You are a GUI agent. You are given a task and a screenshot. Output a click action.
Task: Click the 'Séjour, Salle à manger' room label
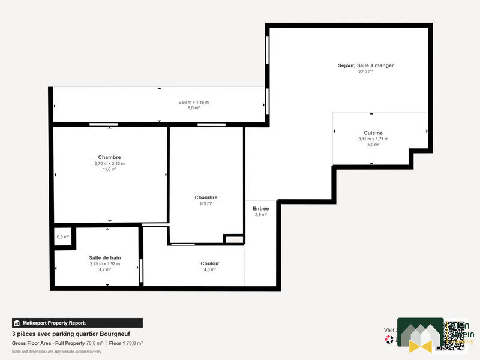(x=365, y=65)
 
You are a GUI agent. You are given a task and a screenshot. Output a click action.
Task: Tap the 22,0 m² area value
(x=365, y=71)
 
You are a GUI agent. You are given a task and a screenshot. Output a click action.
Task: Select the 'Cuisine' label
(x=373, y=133)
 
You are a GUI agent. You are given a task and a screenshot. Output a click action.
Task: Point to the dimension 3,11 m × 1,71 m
(x=373, y=139)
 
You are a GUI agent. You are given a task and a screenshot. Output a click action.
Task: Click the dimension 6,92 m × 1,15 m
(x=193, y=103)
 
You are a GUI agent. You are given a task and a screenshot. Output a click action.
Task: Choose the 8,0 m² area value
(x=193, y=108)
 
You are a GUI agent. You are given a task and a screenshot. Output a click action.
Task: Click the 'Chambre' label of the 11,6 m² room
(x=109, y=157)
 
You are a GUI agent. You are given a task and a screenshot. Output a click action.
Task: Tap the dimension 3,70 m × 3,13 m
(x=109, y=164)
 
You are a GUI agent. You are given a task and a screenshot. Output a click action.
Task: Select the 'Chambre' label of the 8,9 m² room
(x=206, y=197)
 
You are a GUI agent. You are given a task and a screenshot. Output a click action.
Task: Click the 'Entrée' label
(x=260, y=208)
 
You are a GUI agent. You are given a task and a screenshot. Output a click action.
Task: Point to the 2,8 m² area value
(x=260, y=214)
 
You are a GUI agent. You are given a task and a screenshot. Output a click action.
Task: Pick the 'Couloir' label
(x=209, y=263)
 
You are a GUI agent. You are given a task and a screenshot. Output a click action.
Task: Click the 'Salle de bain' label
(x=105, y=257)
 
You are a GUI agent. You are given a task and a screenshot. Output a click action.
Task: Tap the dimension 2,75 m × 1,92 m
(x=105, y=264)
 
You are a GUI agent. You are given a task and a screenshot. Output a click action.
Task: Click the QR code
(x=455, y=335)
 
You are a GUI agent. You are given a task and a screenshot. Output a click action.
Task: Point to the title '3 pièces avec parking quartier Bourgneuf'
(x=71, y=334)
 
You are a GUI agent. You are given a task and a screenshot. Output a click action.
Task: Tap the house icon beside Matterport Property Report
(x=17, y=323)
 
